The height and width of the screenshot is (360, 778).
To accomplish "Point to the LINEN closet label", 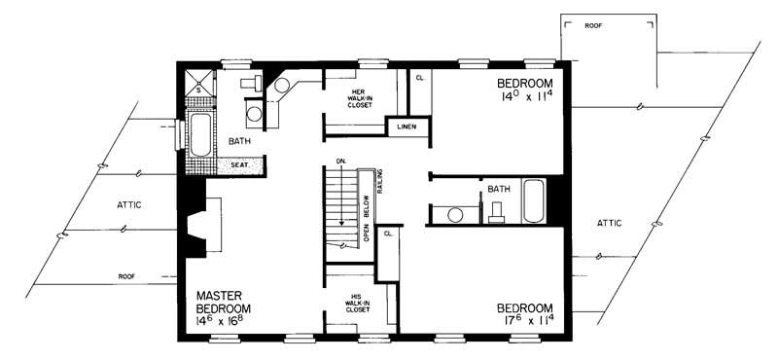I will click(x=407, y=126).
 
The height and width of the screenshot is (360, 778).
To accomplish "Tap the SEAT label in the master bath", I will click(x=237, y=166).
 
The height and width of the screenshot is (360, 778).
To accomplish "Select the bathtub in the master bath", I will click(x=201, y=135).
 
